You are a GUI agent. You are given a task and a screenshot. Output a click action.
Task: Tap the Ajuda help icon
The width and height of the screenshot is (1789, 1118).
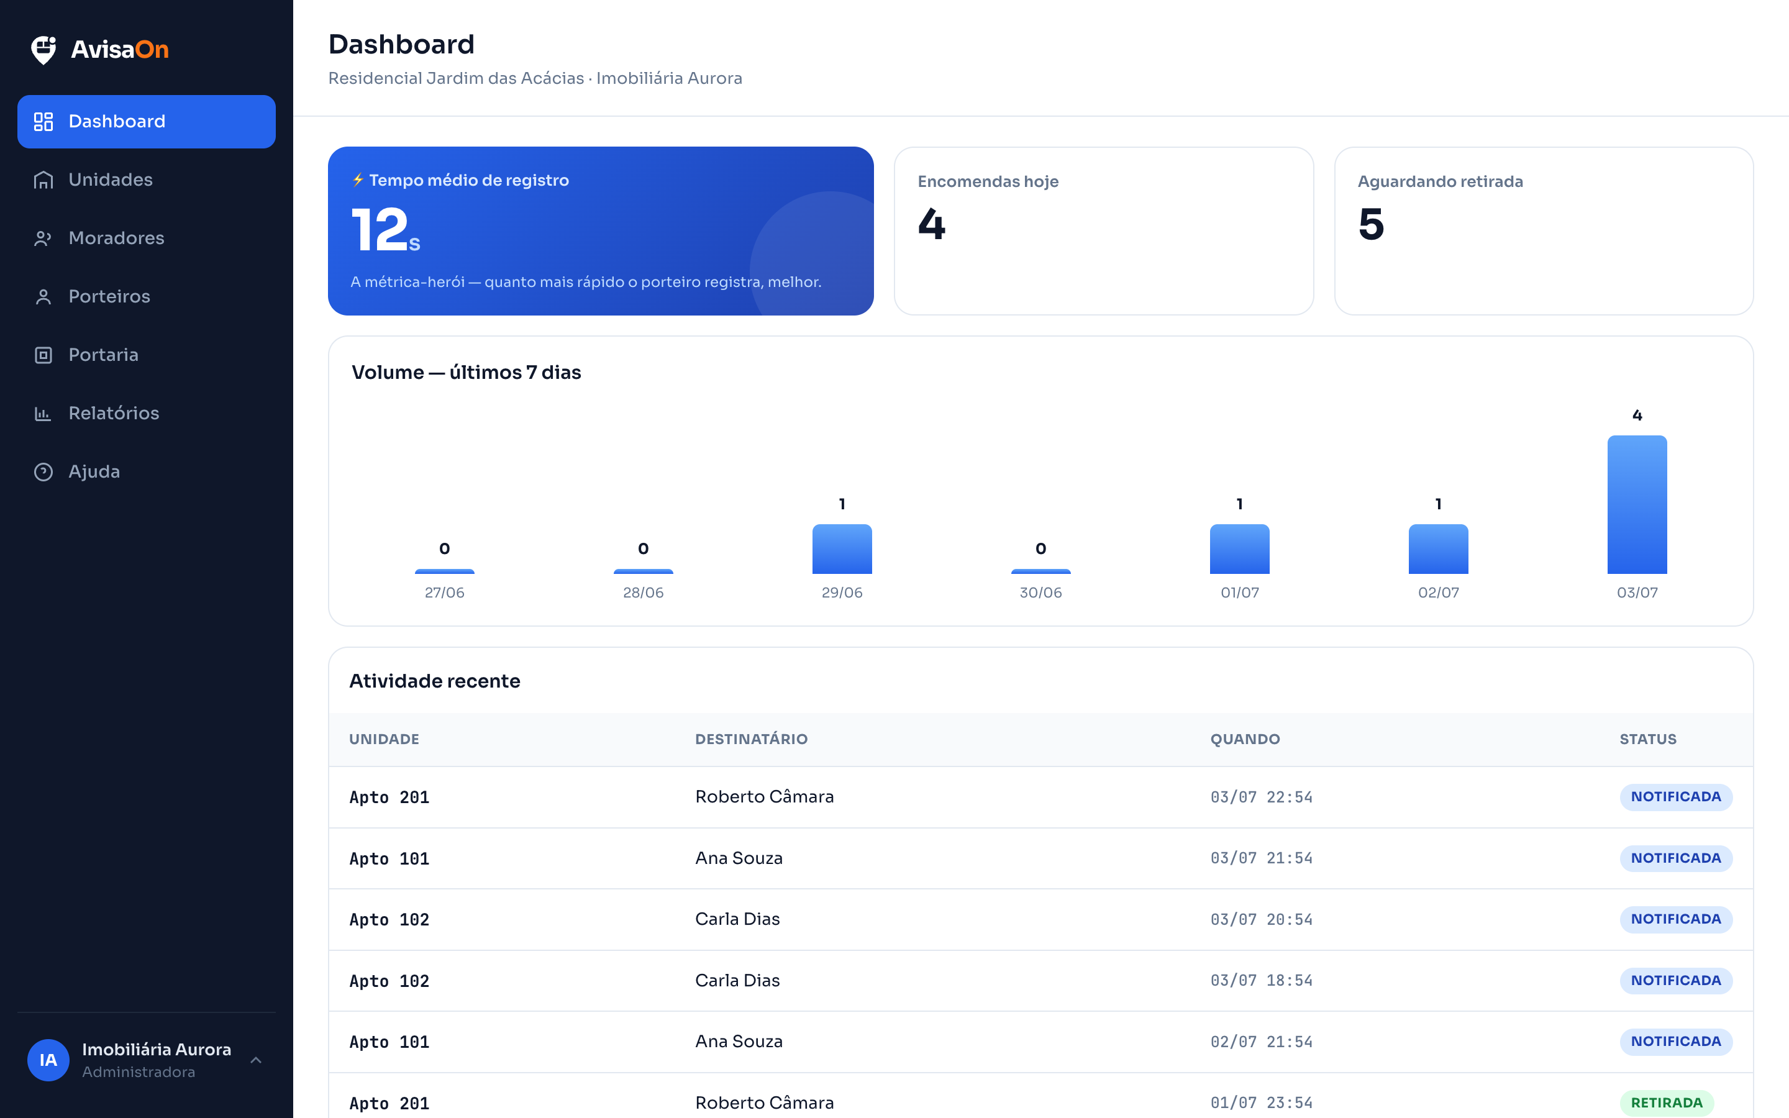[43, 472]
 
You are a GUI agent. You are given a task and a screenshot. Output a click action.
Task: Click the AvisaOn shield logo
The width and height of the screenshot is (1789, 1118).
[43, 50]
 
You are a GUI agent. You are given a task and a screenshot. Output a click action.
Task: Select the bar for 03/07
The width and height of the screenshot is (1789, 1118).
[1637, 504]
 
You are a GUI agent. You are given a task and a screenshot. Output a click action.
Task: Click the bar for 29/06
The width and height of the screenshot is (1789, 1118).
[842, 548]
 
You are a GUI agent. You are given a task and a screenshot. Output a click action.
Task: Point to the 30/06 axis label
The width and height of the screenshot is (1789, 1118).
[1040, 593]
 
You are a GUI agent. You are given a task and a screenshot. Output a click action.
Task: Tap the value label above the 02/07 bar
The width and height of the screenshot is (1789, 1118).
[1438, 504]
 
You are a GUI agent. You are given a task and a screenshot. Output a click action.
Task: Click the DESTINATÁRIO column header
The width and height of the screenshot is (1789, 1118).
[751, 739]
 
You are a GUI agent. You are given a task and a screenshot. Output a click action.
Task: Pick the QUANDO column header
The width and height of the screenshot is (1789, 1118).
[1245, 739]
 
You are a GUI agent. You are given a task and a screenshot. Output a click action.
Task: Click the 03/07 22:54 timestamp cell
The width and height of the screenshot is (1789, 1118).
[1261, 797]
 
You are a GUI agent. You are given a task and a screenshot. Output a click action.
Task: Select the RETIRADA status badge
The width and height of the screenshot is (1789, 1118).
[1666, 1102]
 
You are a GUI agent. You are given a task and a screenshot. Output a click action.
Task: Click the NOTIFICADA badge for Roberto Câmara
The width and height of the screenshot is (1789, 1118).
[1676, 797]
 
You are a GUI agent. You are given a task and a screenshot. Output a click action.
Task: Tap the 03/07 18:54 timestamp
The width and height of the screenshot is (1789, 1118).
[1261, 981]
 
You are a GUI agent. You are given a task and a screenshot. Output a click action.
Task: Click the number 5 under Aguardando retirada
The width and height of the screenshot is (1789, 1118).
[1372, 224]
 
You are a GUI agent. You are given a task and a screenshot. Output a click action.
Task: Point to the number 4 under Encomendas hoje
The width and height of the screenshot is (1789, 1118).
[932, 224]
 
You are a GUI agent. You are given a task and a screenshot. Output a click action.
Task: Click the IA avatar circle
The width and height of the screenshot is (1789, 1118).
[48, 1060]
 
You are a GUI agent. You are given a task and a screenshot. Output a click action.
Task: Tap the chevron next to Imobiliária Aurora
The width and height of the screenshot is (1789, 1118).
[256, 1060]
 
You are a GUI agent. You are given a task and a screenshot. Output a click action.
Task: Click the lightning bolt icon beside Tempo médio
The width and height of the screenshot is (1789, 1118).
[358, 180]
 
